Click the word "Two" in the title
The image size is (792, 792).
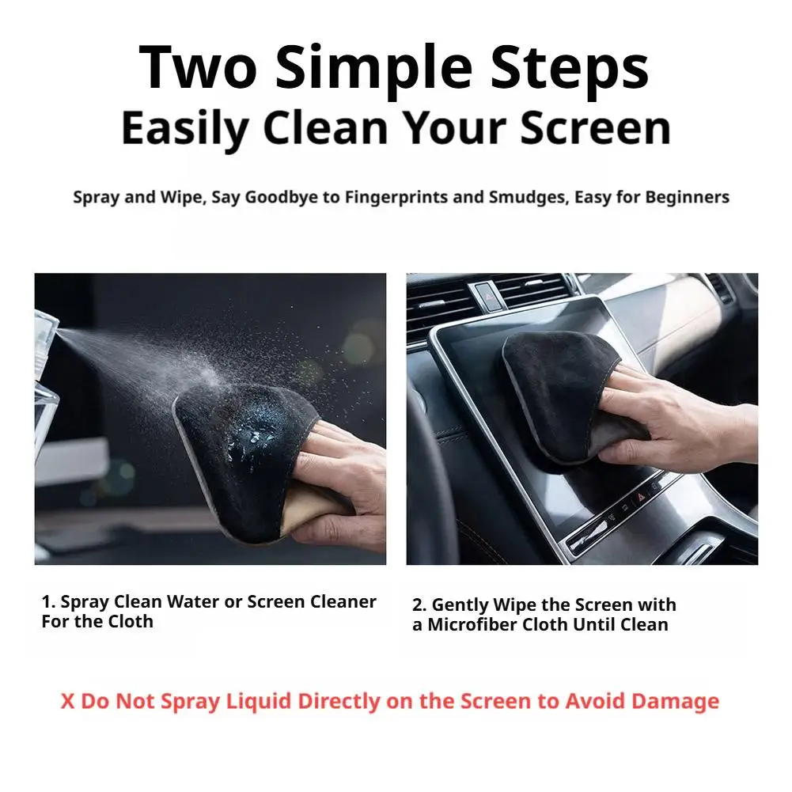click(x=198, y=68)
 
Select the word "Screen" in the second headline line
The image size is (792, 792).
click(x=596, y=128)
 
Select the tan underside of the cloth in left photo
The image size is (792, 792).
click(x=312, y=505)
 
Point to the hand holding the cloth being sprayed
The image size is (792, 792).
click(x=339, y=485)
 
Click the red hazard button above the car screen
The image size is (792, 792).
click(x=490, y=297)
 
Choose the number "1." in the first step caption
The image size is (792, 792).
click(x=48, y=601)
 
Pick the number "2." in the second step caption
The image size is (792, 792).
click(x=420, y=604)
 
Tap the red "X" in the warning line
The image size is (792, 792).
click(x=67, y=702)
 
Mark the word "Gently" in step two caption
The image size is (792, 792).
click(x=460, y=605)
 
